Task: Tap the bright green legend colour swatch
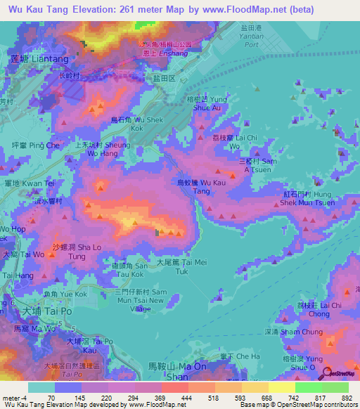[x=308, y=387]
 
